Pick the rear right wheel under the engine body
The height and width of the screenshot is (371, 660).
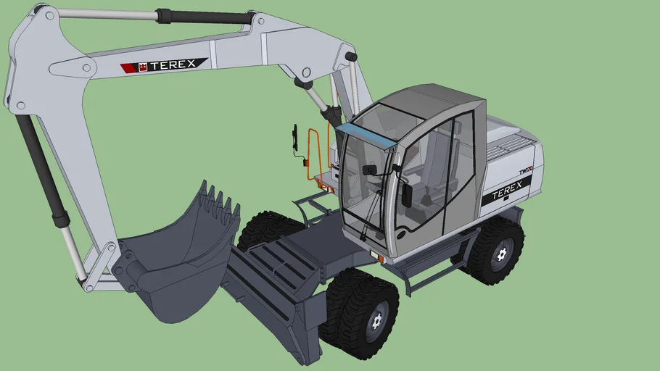pos(495,250)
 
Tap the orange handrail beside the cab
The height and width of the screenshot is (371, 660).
pos(316,156)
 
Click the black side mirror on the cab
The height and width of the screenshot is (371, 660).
pos(407,195)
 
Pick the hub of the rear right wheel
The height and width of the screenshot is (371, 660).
pos(501,254)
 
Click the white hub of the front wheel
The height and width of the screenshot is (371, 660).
pos(376,320)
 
